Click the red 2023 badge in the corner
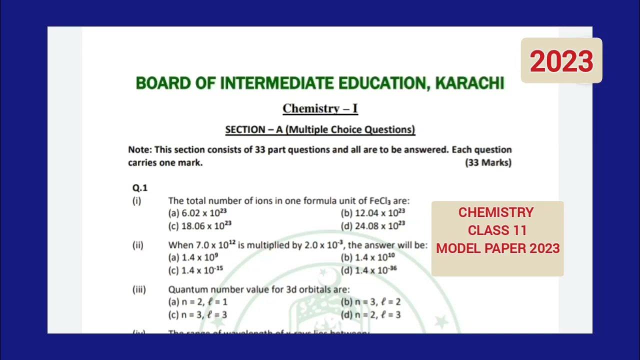(561, 61)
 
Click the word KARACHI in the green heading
(469, 83)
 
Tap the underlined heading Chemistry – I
(320, 108)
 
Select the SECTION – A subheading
(320, 129)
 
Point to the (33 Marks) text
(488, 162)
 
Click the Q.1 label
(140, 188)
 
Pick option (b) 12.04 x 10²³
(373, 213)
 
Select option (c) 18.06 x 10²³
(200, 225)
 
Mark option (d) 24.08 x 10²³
(373, 225)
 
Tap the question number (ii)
(137, 245)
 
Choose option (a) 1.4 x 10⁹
(193, 257)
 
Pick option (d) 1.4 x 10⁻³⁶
(369, 270)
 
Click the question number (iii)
(139, 289)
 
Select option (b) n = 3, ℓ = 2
(370, 302)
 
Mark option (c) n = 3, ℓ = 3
(198, 315)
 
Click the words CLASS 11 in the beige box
(497, 230)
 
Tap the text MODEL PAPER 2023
(497, 248)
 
